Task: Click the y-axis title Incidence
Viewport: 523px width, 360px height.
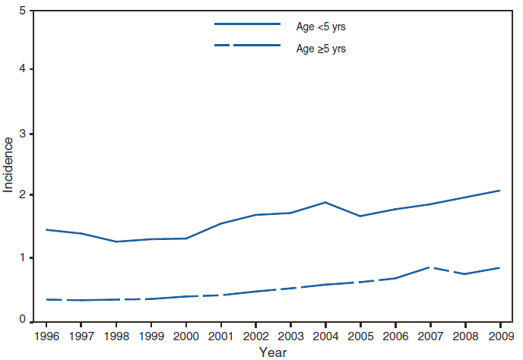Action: coord(8,165)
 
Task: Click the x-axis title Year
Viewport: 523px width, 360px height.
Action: coord(272,352)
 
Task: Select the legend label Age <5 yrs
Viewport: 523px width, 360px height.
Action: coord(321,27)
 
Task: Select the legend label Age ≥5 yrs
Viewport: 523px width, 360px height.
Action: coord(321,48)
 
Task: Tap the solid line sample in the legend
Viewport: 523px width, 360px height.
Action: coord(248,24)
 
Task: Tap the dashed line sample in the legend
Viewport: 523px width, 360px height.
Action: coord(248,46)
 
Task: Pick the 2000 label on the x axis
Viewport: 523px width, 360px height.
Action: coord(187,334)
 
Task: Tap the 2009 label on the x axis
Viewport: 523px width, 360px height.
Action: coord(499,334)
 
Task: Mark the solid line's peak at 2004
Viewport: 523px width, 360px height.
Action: coord(326,202)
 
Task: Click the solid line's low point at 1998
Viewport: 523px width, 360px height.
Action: coord(116,242)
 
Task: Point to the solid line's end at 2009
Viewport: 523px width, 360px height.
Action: coord(499,190)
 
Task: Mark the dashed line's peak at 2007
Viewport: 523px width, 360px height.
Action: coord(431,267)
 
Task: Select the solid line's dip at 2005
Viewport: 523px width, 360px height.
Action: coord(360,216)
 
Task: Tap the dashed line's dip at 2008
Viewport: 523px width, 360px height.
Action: coord(465,273)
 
